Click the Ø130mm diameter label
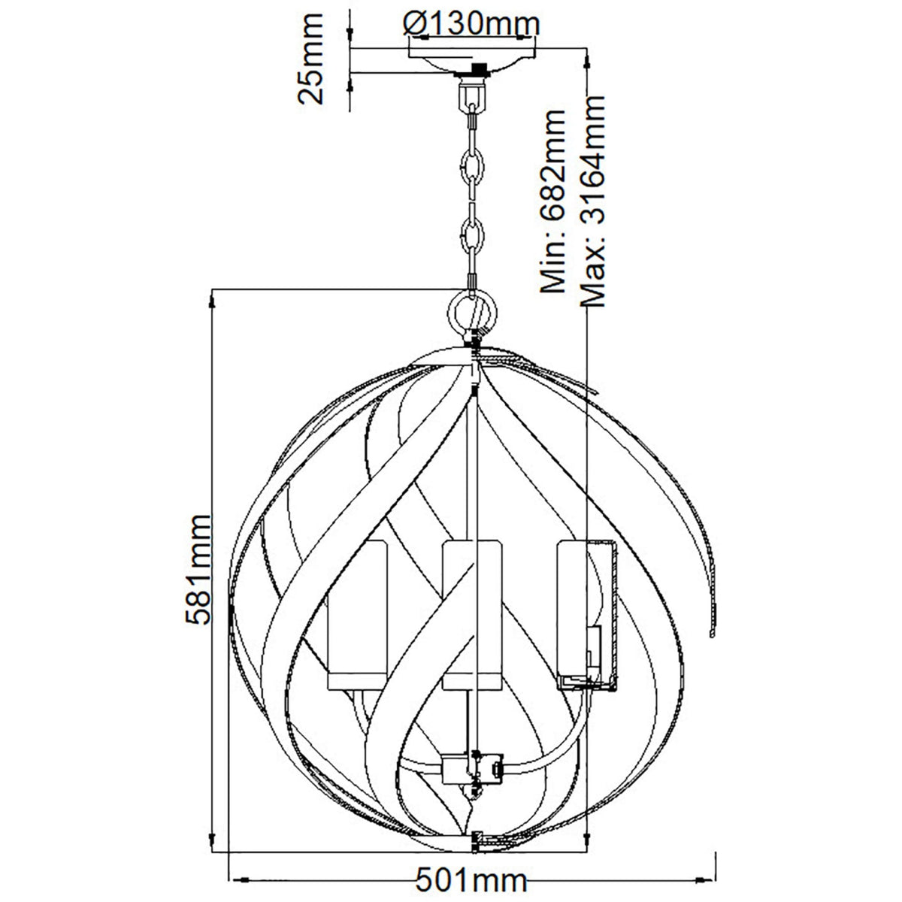point(471,23)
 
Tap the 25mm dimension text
point(310,59)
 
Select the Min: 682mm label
point(552,201)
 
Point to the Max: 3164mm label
point(592,201)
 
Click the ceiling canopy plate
point(473,61)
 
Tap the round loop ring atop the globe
point(472,310)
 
